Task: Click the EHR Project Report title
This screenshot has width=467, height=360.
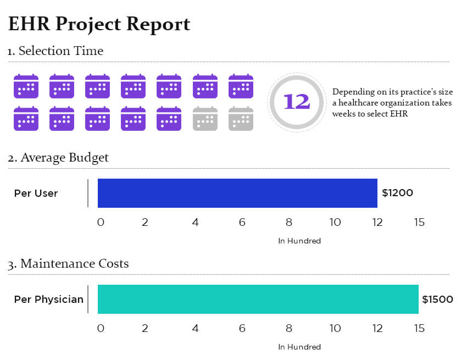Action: click(99, 24)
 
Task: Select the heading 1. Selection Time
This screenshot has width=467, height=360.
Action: click(55, 51)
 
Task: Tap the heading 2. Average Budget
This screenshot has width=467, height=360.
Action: click(58, 158)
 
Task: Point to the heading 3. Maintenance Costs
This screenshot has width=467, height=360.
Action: click(68, 264)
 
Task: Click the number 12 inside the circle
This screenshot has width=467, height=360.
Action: click(296, 102)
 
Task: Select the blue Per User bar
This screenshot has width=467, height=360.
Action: click(237, 193)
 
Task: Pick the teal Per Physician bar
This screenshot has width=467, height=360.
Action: click(258, 299)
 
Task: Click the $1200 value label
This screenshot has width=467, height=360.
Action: click(398, 193)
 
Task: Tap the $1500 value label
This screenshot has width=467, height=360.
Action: click(437, 300)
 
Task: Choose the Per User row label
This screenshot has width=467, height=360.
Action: click(36, 193)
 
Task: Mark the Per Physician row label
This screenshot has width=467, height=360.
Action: click(49, 300)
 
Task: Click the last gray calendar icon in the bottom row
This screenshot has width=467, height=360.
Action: click(241, 119)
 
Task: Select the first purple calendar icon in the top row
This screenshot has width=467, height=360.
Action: click(26, 86)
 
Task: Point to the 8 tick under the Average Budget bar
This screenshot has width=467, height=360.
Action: click(289, 223)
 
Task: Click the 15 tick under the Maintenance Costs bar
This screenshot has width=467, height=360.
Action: click(419, 329)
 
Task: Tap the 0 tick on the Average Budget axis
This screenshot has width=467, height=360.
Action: click(101, 223)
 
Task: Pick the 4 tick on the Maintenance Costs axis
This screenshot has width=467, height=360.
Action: click(196, 329)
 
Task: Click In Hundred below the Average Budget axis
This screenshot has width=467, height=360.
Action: click(299, 241)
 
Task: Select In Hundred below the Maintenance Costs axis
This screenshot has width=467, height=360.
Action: click(299, 347)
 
